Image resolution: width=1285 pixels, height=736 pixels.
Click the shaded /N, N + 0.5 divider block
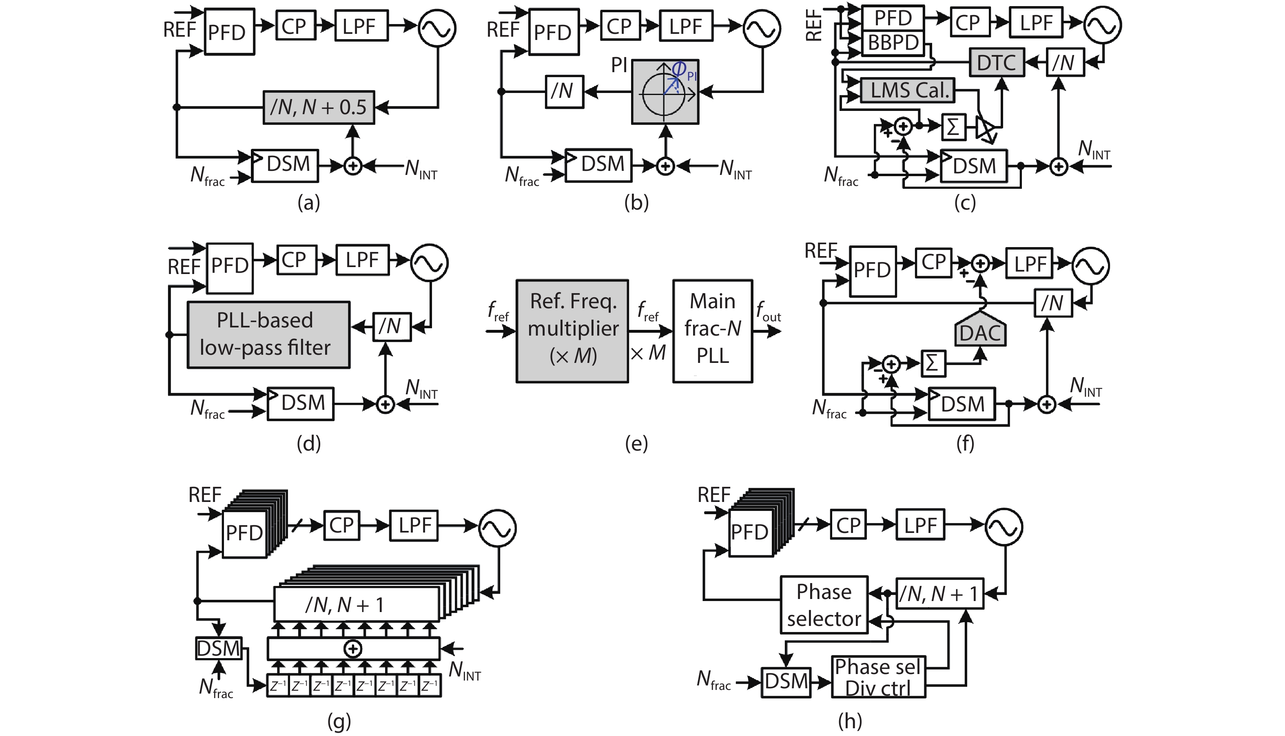click(319, 107)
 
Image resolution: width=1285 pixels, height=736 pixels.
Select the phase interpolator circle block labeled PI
click(665, 92)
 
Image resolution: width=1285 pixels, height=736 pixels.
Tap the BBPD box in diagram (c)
click(893, 42)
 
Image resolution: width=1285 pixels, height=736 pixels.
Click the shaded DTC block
click(996, 63)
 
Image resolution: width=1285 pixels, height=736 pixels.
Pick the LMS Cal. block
click(907, 91)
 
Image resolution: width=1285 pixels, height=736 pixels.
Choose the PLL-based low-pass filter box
click(268, 335)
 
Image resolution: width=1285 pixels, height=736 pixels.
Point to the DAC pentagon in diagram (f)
click(980, 332)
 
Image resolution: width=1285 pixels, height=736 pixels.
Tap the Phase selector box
click(824, 605)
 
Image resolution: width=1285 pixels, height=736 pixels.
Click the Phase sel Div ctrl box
click(878, 677)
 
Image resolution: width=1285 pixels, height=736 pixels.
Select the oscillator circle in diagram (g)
click(498, 528)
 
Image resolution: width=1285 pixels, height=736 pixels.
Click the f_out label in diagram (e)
click(768, 312)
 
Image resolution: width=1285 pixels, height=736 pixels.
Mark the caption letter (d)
click(308, 443)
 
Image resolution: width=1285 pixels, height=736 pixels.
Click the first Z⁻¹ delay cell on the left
click(278, 686)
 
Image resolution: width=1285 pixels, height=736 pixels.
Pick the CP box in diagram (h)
click(848, 525)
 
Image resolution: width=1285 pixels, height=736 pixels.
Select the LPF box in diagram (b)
click(685, 26)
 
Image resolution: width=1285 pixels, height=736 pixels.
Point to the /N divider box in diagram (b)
click(564, 91)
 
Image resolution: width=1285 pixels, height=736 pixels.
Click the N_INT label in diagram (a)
click(421, 169)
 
